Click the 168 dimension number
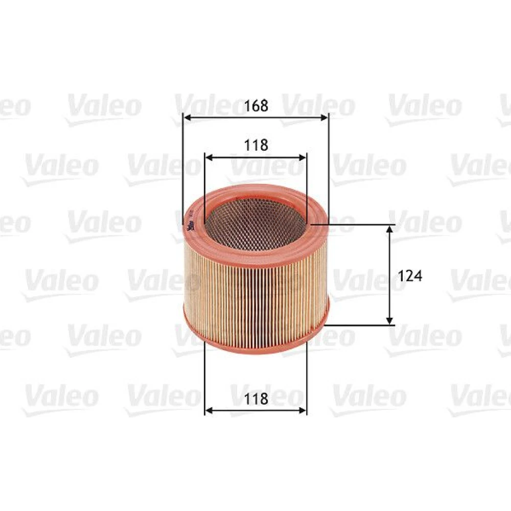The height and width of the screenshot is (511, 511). [x=256, y=105]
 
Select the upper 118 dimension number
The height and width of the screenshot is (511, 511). [x=256, y=145]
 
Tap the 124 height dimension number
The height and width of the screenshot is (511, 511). [x=410, y=276]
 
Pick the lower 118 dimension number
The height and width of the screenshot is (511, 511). [x=256, y=399]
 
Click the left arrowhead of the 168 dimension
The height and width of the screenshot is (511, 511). [x=187, y=118]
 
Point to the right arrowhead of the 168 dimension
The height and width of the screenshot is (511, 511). [x=324, y=118]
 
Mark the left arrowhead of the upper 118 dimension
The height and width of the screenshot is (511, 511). [x=209, y=158]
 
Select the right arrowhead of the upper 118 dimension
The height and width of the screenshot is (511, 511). [x=303, y=158]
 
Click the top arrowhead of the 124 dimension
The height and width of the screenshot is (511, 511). [x=389, y=229]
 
